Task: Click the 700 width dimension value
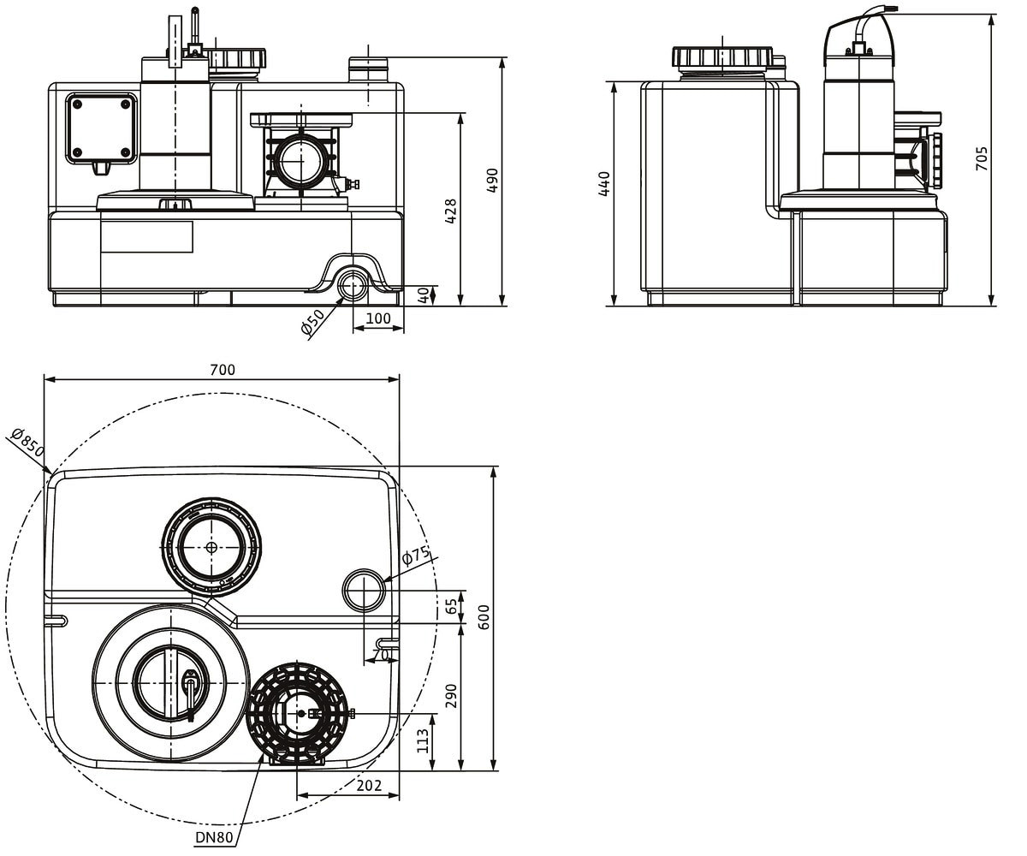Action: point(223,370)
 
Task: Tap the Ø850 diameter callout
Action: point(28,442)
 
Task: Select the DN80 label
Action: point(214,837)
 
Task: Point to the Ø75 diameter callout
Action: point(416,555)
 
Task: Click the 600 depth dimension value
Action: point(484,617)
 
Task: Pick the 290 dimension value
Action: point(451,696)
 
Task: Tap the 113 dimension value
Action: point(423,741)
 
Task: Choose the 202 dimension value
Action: point(369,786)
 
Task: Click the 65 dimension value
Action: point(451,606)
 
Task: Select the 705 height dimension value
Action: point(982,158)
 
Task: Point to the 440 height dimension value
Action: point(604,183)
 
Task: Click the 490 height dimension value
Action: point(492,181)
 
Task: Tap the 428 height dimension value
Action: point(450,211)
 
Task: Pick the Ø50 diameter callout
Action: point(313,322)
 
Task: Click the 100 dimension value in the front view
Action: point(378,318)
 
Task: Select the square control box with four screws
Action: point(101,128)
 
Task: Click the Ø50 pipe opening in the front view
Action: point(351,284)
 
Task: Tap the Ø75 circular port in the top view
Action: point(364,591)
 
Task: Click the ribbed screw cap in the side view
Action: point(722,57)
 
